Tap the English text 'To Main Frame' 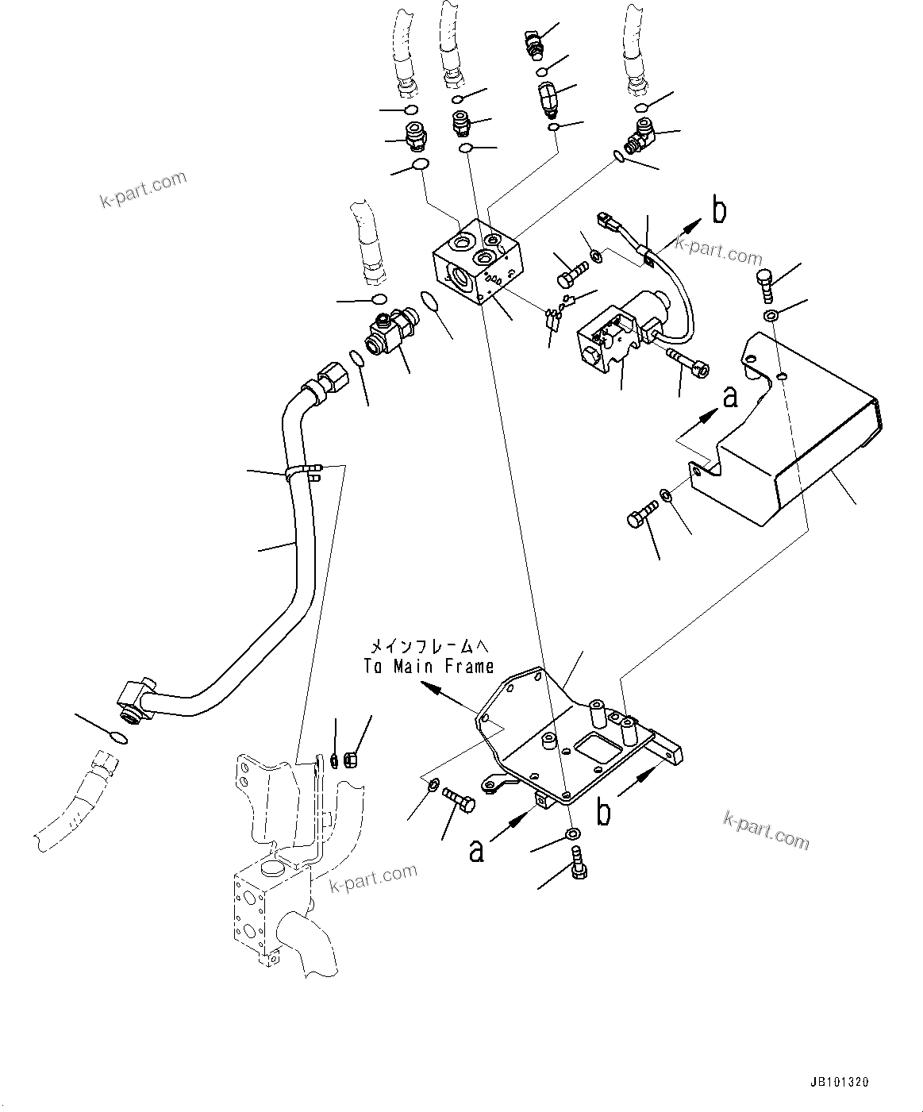point(429,667)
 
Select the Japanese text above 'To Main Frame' point(429,646)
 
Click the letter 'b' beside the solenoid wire point(719,211)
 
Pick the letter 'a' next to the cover point(729,397)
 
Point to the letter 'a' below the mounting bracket point(476,850)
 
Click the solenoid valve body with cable point(615,337)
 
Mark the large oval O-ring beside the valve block point(429,302)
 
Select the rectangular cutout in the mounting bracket point(594,747)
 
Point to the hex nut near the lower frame point(356,760)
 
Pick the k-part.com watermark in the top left point(143,190)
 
